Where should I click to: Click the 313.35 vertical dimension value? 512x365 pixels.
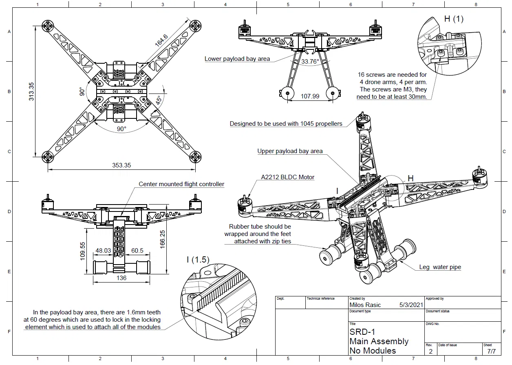coord(31,91)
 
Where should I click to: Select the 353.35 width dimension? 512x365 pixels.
coord(121,165)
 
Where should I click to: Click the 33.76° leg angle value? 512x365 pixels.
coord(310,62)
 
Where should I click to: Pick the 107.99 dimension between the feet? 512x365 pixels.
coord(310,96)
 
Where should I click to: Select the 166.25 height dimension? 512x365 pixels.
coord(162,238)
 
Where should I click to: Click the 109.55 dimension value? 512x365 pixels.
coord(82,251)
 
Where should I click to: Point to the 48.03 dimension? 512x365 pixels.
coord(103,251)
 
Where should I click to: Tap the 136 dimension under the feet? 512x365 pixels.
coord(121,278)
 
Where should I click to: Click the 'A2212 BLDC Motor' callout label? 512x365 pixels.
coord(287,177)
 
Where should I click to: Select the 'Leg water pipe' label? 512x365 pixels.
coord(440,267)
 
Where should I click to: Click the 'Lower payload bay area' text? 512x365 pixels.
coord(237,59)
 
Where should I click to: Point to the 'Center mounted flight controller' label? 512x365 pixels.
coord(181,184)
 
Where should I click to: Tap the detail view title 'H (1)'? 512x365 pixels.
coord(453,19)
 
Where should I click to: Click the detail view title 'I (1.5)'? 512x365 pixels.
coord(198,259)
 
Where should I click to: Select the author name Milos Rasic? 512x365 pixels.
coord(365,305)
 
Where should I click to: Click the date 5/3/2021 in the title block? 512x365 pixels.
coord(411,305)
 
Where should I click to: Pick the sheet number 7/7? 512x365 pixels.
coord(491,351)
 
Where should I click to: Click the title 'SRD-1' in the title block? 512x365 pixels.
coord(362,332)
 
